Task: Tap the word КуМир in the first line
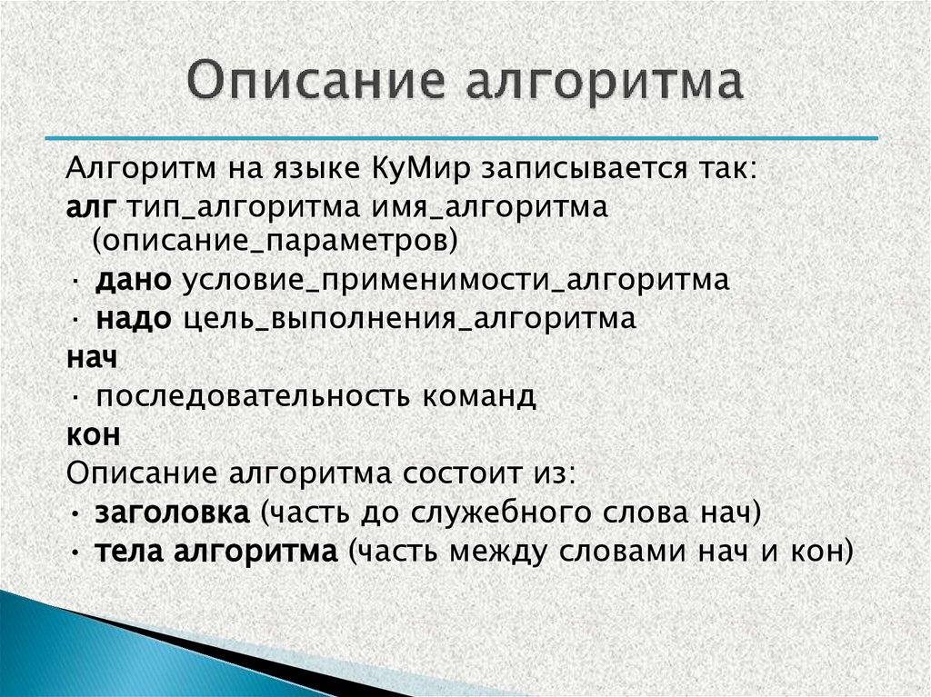point(423,169)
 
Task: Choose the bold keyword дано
point(133,281)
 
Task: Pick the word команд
point(478,397)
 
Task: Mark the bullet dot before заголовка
point(73,514)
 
